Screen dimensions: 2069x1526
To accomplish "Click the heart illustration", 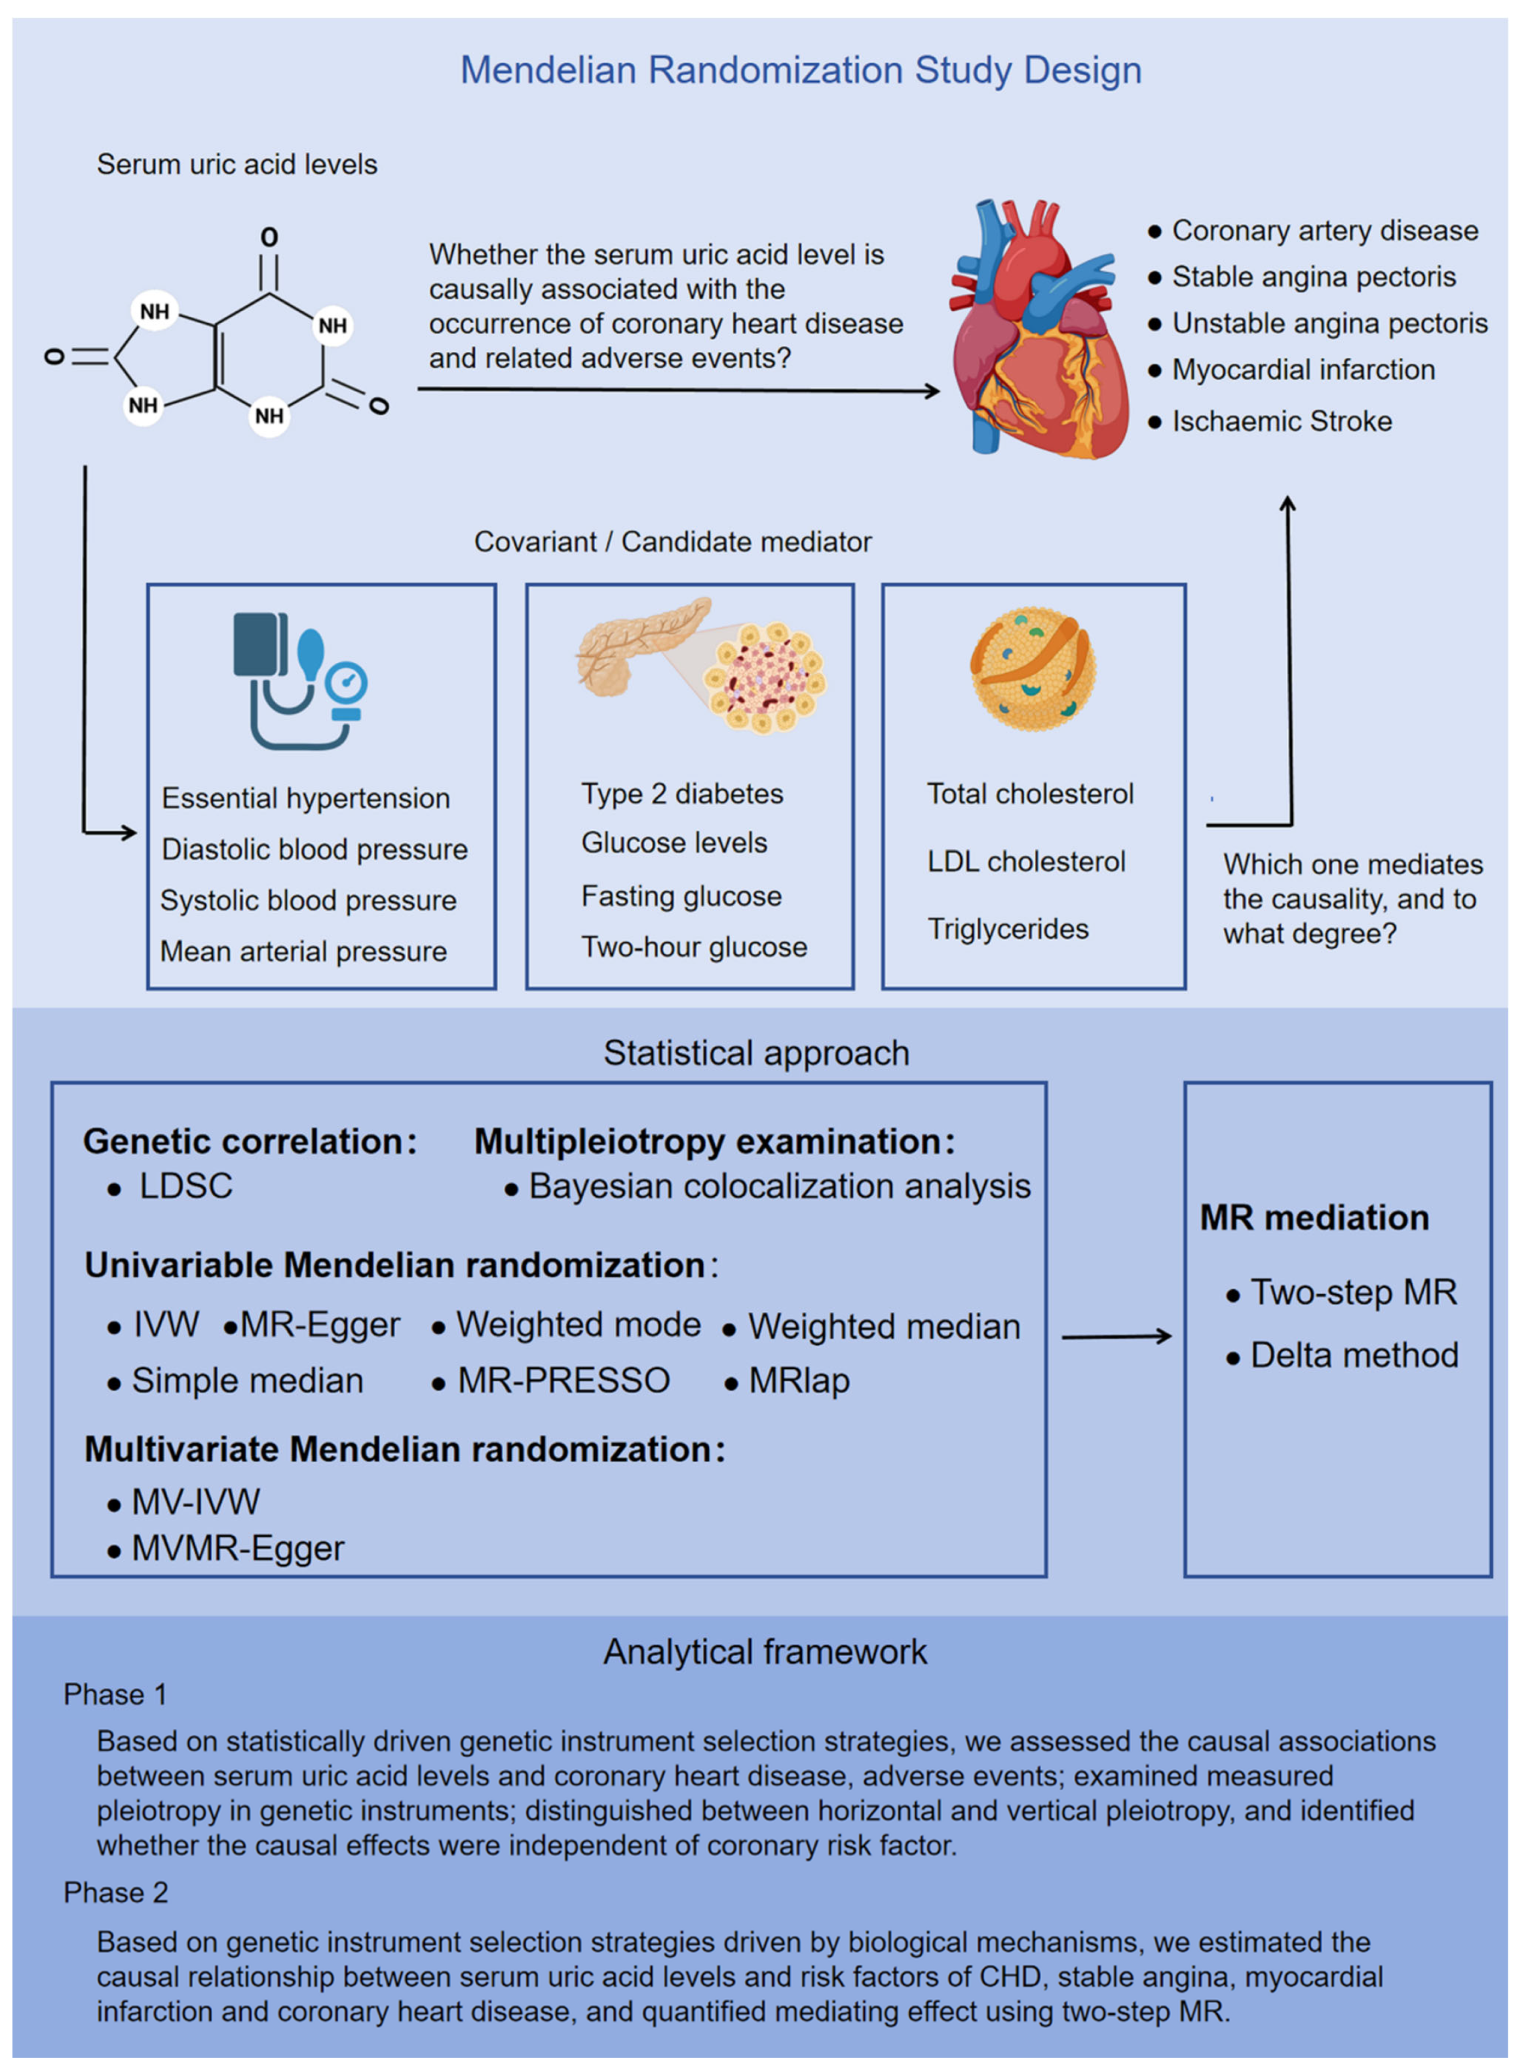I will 1039,328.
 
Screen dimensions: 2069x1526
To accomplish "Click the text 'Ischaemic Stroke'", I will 1281,422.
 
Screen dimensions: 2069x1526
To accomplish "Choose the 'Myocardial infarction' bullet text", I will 1303,370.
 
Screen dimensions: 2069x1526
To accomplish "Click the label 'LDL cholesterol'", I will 1025,861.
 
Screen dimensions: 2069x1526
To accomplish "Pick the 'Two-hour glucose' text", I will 694,947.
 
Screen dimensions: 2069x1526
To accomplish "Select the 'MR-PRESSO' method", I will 563,1381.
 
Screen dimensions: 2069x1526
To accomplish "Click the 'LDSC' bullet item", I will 185,1187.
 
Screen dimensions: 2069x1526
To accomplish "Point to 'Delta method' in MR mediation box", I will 1353,1356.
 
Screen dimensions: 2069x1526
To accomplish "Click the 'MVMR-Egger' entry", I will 237,1548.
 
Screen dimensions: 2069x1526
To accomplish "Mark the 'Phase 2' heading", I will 115,1893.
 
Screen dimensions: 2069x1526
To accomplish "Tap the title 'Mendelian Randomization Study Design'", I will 801,70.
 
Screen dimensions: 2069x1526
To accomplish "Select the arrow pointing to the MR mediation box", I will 1116,1335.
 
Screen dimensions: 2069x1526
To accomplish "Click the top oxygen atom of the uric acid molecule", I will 269,237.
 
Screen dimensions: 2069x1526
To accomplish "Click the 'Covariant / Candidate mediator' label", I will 672,542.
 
